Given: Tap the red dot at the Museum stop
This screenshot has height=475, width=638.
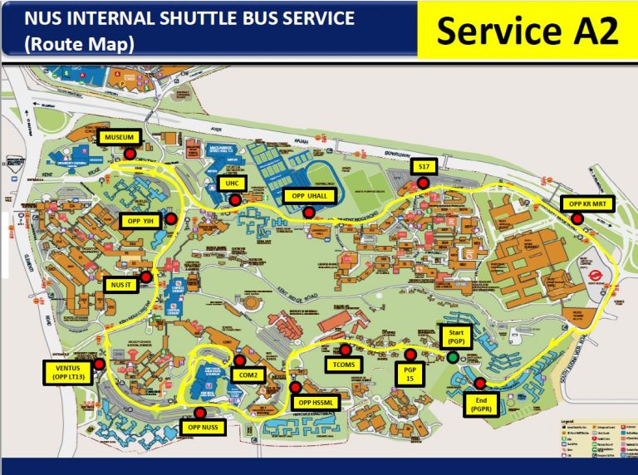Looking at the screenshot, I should pyautogui.click(x=130, y=154).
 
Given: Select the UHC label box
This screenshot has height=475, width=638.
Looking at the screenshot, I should pyautogui.click(x=228, y=183).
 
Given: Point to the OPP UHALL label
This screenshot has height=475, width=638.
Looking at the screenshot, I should pyautogui.click(x=308, y=196).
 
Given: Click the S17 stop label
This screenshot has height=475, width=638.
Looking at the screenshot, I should pyautogui.click(x=424, y=168).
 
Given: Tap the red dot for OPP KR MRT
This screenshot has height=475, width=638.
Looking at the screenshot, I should pyautogui.click(x=577, y=218).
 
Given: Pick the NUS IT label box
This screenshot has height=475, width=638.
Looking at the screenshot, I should pyautogui.click(x=122, y=285).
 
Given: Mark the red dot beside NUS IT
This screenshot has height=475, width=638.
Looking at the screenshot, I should pyautogui.click(x=146, y=277).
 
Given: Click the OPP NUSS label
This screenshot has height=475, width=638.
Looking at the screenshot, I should pyautogui.click(x=203, y=428).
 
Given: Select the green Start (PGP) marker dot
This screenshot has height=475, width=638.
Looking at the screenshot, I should pyautogui.click(x=452, y=358).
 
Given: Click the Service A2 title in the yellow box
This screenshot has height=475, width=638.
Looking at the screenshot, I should pyautogui.click(x=528, y=31).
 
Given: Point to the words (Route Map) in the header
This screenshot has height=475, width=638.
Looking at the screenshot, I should pyautogui.click(x=81, y=44).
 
